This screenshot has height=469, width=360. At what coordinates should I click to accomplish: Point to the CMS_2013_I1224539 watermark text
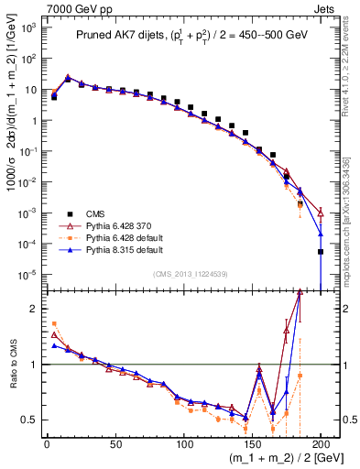click(184, 273)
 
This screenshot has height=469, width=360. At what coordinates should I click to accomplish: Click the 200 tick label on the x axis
click(321, 444)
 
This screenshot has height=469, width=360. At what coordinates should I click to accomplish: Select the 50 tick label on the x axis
click(115, 444)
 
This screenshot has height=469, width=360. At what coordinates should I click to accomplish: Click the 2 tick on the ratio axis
click(33, 309)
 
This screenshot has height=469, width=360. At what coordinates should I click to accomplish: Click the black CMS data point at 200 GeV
click(321, 251)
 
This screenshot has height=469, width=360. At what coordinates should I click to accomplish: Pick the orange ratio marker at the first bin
click(54, 323)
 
